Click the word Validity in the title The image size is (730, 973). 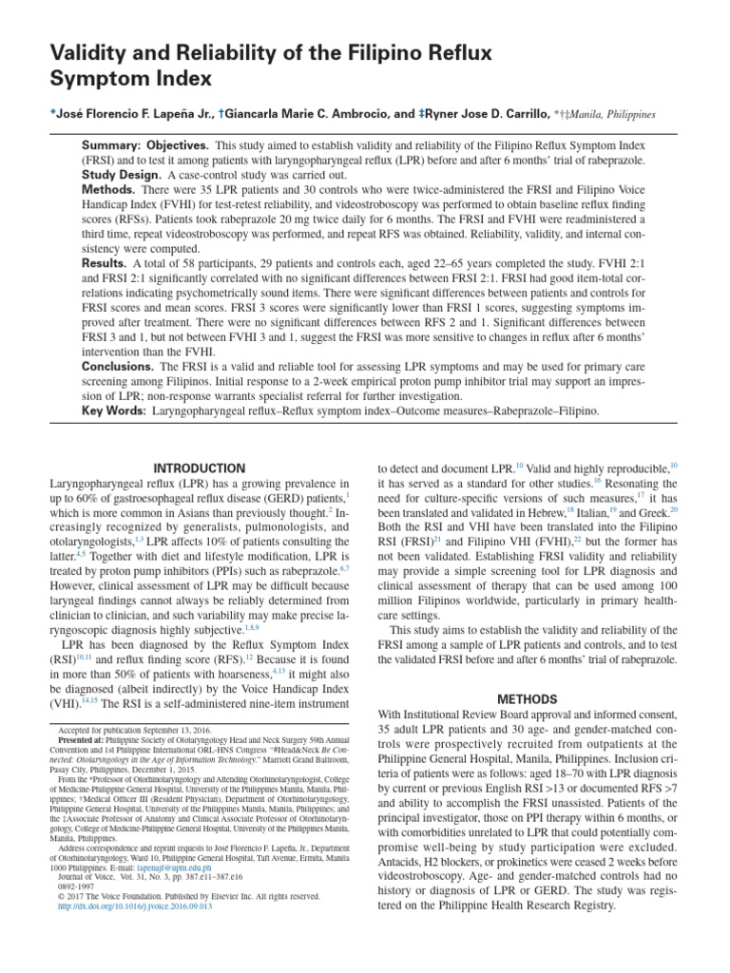pos(92,54)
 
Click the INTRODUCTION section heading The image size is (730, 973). pos(200,468)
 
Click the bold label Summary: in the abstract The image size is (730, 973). pos(110,145)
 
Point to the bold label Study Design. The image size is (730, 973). pos(122,177)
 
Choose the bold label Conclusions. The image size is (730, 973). pos(119,366)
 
